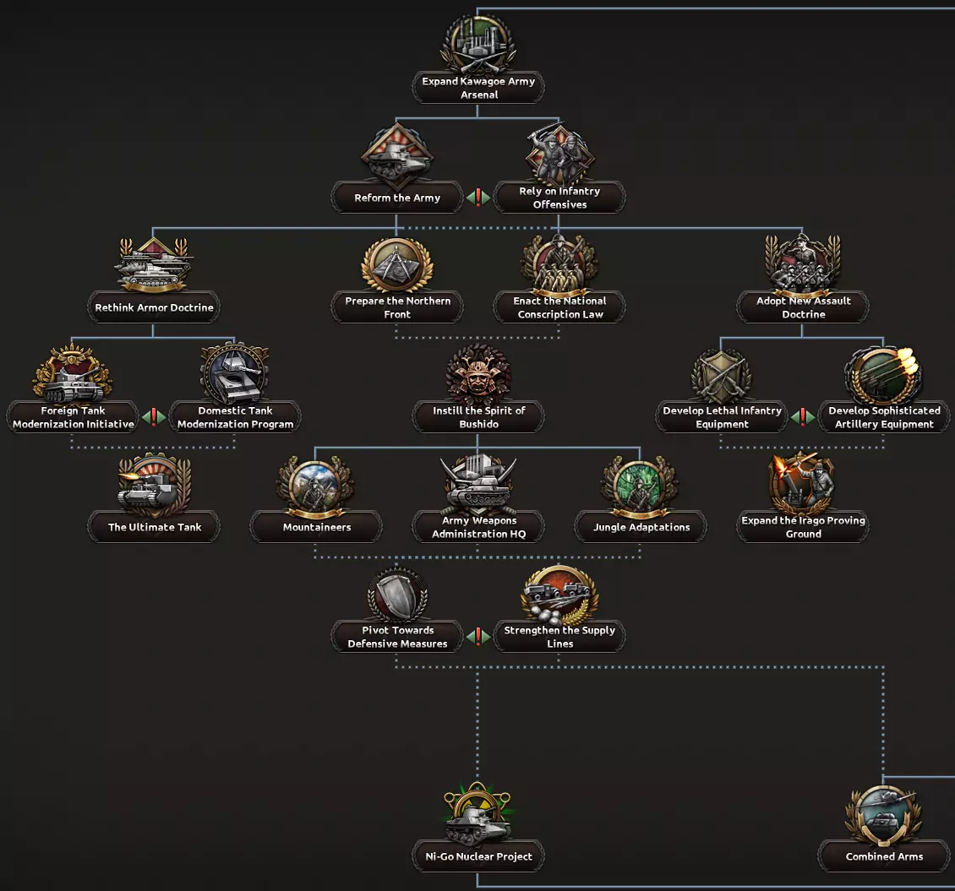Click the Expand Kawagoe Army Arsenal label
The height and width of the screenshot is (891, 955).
478,88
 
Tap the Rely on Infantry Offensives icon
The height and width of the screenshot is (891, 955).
559,155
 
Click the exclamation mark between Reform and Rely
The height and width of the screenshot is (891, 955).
478,198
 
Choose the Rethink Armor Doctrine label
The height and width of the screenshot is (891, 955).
154,307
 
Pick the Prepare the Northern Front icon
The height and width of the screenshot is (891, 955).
397,264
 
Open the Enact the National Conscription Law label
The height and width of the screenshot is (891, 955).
559,307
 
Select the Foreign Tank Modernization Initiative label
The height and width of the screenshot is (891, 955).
73,417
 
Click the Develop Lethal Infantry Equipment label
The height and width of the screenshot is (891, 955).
722,417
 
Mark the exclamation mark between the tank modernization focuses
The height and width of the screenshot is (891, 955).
154,417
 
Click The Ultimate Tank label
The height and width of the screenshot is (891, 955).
154,527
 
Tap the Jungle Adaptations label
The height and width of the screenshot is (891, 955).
641,527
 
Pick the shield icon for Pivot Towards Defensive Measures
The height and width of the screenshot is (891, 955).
397,595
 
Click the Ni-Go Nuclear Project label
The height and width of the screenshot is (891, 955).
478,856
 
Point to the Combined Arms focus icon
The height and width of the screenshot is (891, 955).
884,813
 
